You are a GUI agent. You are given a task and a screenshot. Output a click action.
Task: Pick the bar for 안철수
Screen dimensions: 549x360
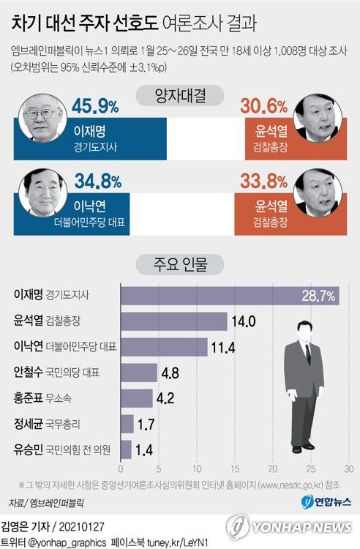coord(138,372)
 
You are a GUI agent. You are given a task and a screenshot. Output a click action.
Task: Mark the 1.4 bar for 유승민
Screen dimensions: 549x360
coord(126,449)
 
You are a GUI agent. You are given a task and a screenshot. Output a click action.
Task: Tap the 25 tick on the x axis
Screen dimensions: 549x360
coord(310,469)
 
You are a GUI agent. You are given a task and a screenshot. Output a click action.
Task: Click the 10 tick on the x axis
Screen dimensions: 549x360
coord(196,469)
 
